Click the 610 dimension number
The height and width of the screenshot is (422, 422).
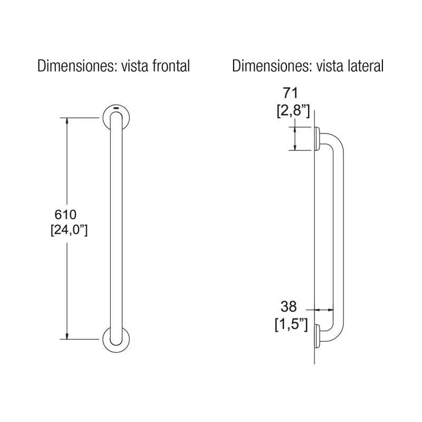pos(65,215)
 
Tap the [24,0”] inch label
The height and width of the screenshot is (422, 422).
pos(69,230)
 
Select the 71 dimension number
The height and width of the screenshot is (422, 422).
pos(291,93)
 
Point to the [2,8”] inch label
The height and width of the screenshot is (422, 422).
pos(293,110)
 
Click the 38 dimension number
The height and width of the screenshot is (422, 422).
pos(289,306)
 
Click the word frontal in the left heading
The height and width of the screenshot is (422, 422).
pos(171,66)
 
